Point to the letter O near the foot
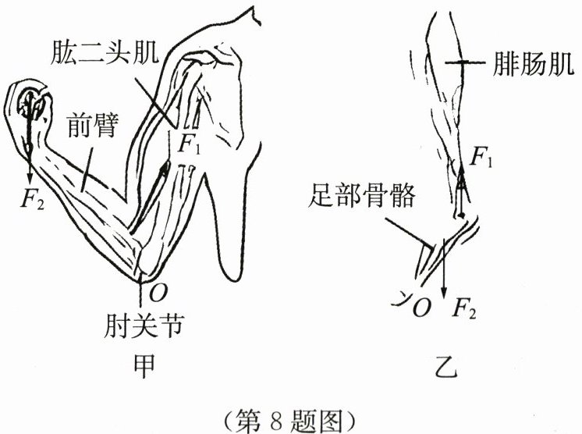(x=420, y=308)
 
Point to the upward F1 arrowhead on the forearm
(x=165, y=166)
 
